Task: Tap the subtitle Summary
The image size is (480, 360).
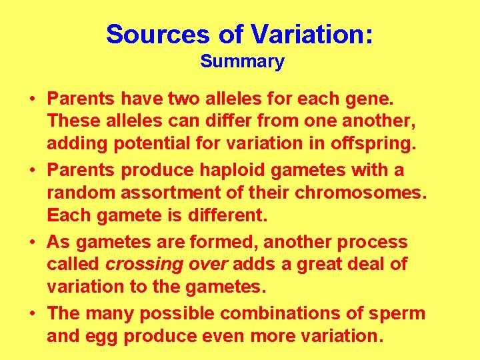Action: [242, 62]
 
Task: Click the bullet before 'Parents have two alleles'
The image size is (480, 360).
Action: [31, 99]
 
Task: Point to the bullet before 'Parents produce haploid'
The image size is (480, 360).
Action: [31, 171]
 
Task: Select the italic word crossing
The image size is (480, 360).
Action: [144, 264]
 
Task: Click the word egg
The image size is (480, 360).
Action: [106, 336]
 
